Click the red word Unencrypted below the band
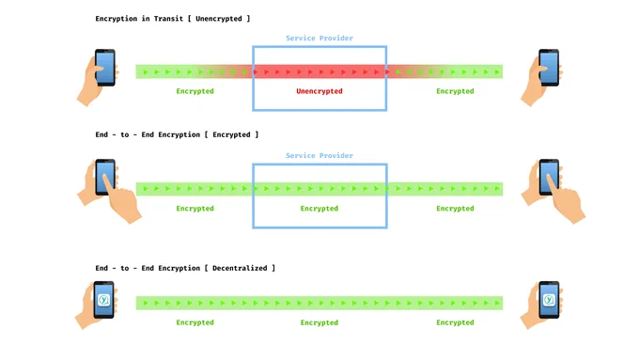(319, 91)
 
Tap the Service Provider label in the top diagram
(319, 38)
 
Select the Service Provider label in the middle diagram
(319, 155)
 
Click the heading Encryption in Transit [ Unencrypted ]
(172, 19)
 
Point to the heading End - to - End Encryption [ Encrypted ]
(177, 134)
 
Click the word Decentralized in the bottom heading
(240, 268)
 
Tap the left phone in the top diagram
(105, 68)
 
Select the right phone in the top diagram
(549, 68)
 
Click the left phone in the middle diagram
(105, 177)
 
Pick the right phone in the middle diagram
(549, 177)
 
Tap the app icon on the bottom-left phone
(103, 300)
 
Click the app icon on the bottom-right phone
(549, 300)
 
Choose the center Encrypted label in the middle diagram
(319, 209)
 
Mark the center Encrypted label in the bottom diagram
(319, 322)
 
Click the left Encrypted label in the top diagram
(195, 91)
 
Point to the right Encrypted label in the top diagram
(455, 91)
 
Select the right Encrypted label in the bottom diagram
(455, 322)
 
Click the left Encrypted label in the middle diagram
(195, 209)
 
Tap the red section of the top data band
(319, 71)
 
